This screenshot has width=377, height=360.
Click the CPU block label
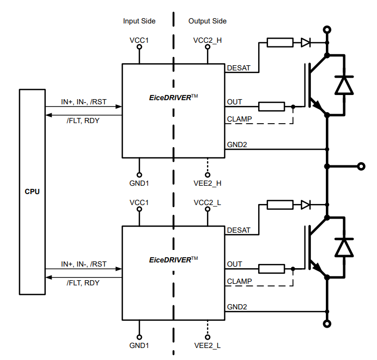[32, 191]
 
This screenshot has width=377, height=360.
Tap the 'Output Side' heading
[207, 21]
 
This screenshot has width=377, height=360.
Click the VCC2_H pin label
[208, 41]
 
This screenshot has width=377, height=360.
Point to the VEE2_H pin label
[208, 183]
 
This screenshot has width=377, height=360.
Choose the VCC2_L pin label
[208, 202]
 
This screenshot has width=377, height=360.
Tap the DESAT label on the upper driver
[239, 68]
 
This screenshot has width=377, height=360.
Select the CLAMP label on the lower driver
[239, 281]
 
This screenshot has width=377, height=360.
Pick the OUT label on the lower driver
[235, 264]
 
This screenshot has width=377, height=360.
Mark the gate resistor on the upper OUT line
[272, 107]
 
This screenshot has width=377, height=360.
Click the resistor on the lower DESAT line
[280, 205]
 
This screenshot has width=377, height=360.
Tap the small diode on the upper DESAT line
[306, 43]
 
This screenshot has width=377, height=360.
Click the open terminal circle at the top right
[327, 30]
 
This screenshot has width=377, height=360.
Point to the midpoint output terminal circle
[360, 166]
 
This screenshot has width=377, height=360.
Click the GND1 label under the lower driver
[139, 345]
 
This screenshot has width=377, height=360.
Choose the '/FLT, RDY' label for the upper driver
[83, 121]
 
